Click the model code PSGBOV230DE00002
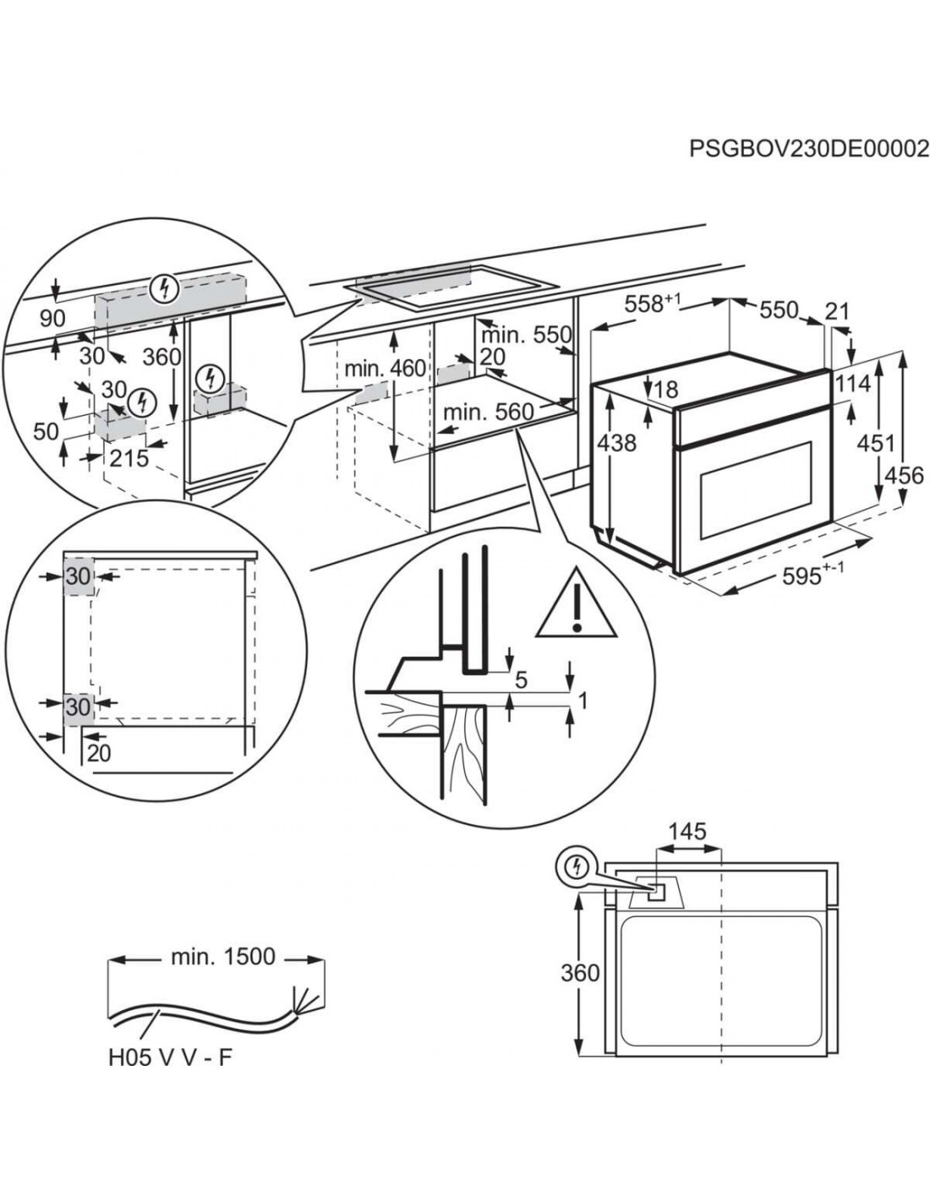pos(808,150)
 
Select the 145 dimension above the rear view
pos(687,833)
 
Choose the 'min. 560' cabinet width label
pos(489,412)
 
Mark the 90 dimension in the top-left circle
pos(52,319)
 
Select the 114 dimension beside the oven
pos(853,384)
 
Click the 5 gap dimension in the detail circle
pos(521,678)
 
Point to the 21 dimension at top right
pos(837,312)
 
